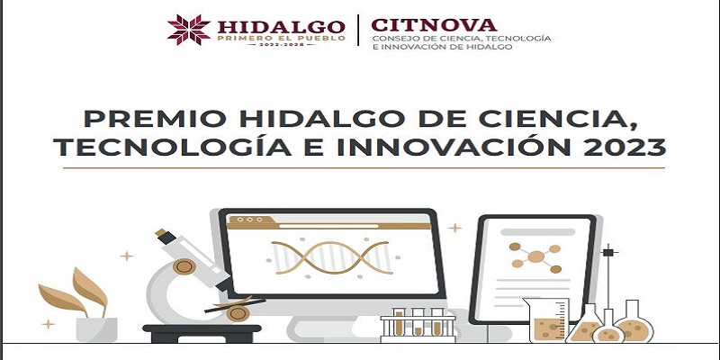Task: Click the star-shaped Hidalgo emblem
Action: (189, 30)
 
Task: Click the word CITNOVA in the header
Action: (434, 25)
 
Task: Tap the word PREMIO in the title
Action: (155, 119)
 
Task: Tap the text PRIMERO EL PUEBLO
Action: (281, 38)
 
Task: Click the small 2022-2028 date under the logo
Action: (281, 44)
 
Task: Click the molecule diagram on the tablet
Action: (535, 256)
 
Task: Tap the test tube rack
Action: (418, 326)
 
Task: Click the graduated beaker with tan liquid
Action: (546, 320)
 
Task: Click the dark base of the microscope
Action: (202, 333)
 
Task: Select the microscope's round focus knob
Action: (184, 265)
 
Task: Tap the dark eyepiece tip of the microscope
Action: (165, 236)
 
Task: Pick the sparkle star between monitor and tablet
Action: (455, 228)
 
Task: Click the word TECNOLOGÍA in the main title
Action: (173, 147)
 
